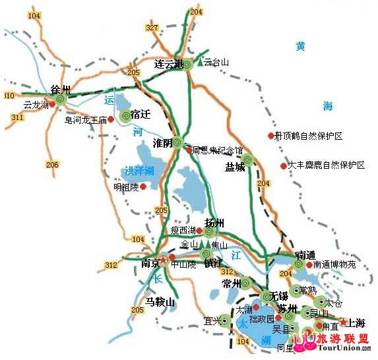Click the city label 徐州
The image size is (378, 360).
pyautogui.click(x=61, y=88)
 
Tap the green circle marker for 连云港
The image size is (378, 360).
pyautogui.click(x=187, y=64)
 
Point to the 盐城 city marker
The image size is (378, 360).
pyautogui.click(x=247, y=159)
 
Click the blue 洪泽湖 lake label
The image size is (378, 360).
pyautogui.click(x=139, y=171)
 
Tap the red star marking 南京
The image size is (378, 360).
pyautogui.click(x=163, y=258)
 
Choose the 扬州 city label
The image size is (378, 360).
pyautogui.click(x=216, y=222)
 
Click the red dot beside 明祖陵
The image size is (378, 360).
pyautogui.click(x=142, y=187)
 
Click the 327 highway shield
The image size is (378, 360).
pyautogui.click(x=152, y=28)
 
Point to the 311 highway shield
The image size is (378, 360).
pyautogui.click(x=16, y=117)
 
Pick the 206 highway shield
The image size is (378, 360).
pyautogui.click(x=52, y=164)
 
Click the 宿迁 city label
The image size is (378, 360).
pyautogui.click(x=141, y=114)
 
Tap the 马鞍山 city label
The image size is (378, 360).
pyautogui.click(x=160, y=303)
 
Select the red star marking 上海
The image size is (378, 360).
pyautogui.click(x=344, y=322)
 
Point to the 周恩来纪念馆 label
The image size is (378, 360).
pyautogui.click(x=218, y=150)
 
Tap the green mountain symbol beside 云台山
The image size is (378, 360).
pyautogui.click(x=199, y=63)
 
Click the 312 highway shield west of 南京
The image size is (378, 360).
pyautogui.click(x=110, y=265)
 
